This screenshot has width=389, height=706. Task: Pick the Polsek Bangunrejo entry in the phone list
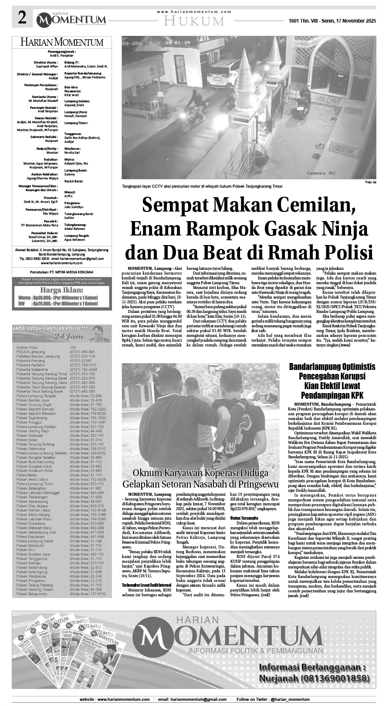click(32, 594)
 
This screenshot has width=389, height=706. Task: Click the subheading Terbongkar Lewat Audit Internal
click(146, 585)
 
